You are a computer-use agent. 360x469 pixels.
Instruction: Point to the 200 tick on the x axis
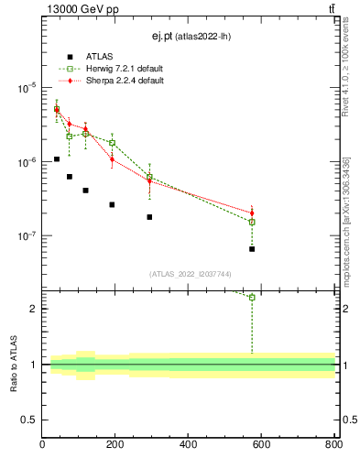pyautogui.click(x=115, y=444)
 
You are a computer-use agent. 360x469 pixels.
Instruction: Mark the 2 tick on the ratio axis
pyautogui.click(x=33, y=309)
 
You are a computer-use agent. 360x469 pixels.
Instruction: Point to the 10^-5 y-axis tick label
pyautogui.click(x=27, y=88)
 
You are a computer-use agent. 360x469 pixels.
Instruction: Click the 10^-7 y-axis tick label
pyautogui.click(x=27, y=235)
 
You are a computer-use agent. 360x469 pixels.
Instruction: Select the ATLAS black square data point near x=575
pyautogui.click(x=252, y=249)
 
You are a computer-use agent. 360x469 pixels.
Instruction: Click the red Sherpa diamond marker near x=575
pyautogui.click(x=252, y=213)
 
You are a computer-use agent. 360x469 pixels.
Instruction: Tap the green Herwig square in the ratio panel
pyautogui.click(x=252, y=297)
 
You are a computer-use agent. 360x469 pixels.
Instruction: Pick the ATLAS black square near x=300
pyautogui.click(x=149, y=217)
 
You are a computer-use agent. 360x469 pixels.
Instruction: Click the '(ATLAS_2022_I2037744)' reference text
pyautogui.click(x=191, y=274)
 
